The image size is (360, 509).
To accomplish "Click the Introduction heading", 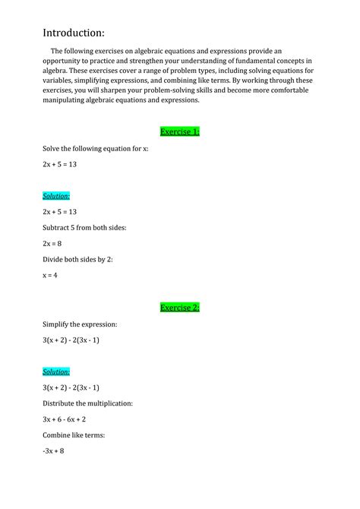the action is pos(73,33).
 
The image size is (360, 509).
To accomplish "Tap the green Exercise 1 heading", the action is pos(180,131).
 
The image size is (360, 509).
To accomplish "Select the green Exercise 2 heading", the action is pos(180,308).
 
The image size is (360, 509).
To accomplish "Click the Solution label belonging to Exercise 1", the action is pos(56,195).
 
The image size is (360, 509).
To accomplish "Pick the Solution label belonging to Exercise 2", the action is pos(56,371).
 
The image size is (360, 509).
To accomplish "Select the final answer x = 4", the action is pos(50,275).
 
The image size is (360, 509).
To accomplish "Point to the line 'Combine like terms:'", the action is pos(74,435).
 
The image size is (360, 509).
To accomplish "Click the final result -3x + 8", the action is pos(53,451).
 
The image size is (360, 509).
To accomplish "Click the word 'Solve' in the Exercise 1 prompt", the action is pos(52,148).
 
